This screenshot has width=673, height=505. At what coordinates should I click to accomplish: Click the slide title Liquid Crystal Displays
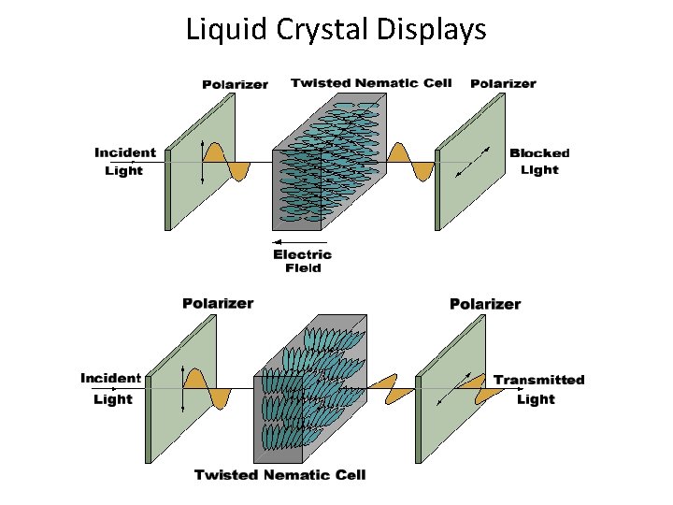[336, 30]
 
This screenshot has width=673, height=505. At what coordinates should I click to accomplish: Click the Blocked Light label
[539, 161]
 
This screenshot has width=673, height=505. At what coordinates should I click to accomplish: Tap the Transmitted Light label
[538, 389]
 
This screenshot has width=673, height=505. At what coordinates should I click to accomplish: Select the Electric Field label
[302, 261]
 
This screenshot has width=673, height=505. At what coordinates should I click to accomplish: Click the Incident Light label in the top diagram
[124, 161]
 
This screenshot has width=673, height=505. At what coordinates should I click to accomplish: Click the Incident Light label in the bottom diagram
[111, 388]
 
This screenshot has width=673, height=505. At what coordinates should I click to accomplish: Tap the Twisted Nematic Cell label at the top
[371, 82]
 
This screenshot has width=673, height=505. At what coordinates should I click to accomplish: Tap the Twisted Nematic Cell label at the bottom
[279, 475]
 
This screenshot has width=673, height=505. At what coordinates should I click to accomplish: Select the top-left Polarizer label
[235, 84]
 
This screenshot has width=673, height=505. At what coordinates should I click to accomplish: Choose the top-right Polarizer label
[503, 83]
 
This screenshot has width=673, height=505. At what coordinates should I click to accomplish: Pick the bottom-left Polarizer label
[218, 303]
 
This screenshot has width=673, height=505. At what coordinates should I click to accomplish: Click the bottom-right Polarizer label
[485, 303]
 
